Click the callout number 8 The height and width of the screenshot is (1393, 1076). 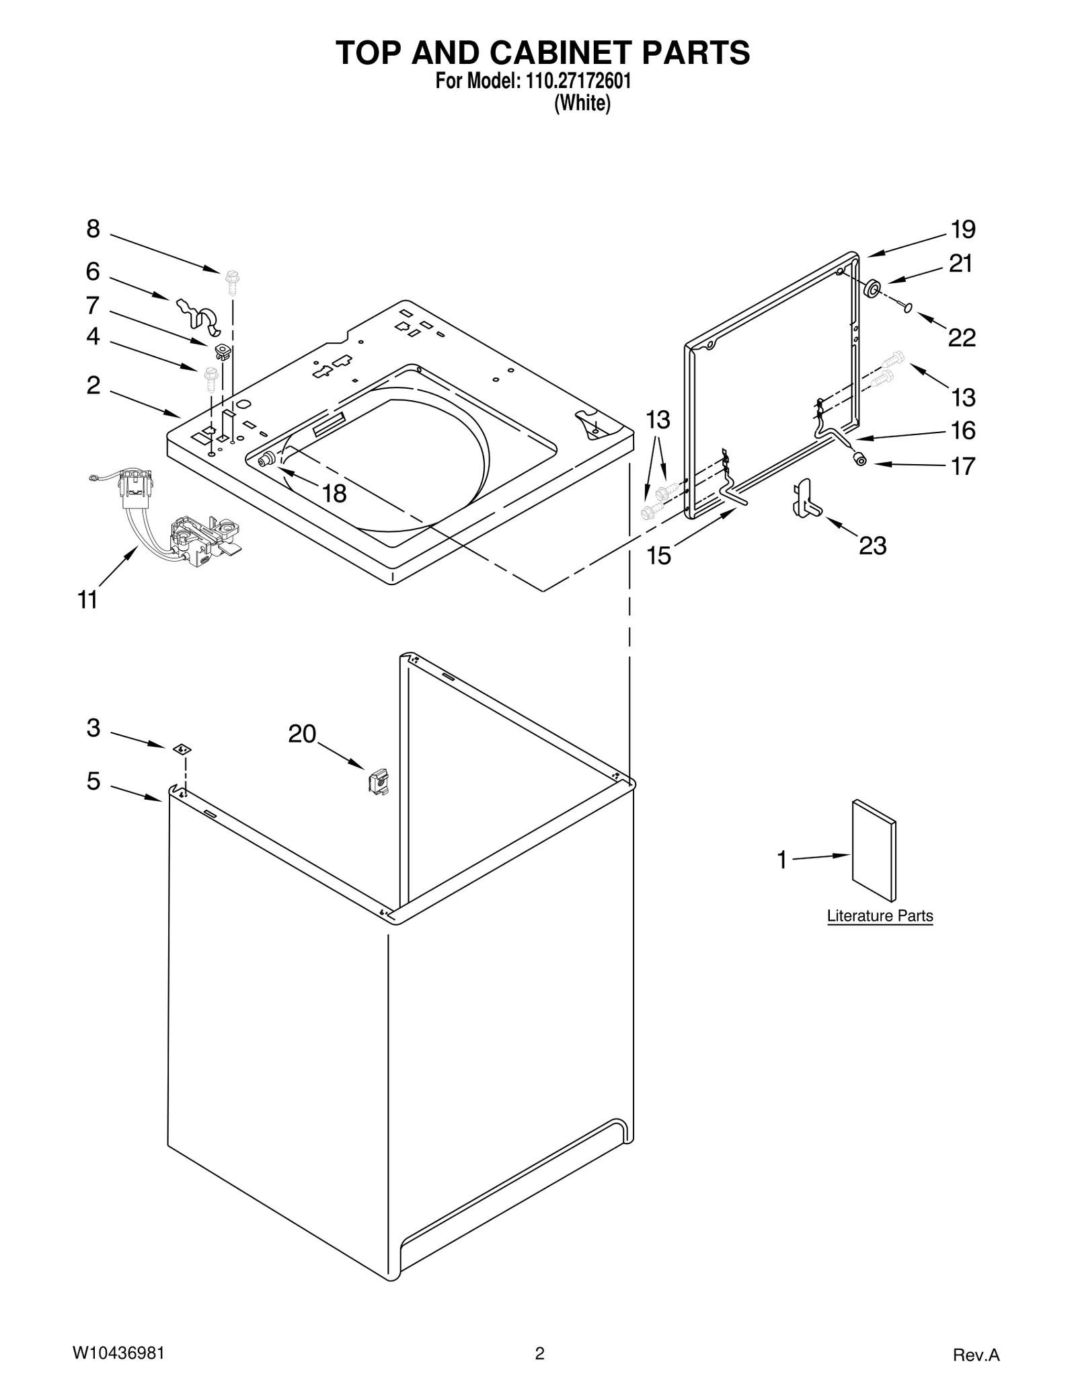pyautogui.click(x=93, y=230)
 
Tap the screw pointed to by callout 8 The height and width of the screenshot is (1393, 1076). pyautogui.click(x=233, y=282)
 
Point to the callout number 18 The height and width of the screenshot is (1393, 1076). pyautogui.click(x=334, y=494)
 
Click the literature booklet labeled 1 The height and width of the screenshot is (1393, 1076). pyautogui.click(x=874, y=851)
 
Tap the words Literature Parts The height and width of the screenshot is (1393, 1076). pyautogui.click(x=880, y=915)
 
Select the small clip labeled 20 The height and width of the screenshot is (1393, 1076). pyautogui.click(x=379, y=782)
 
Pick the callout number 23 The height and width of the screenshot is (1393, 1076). pyautogui.click(x=872, y=546)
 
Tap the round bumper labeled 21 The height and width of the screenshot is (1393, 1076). pyautogui.click(x=872, y=289)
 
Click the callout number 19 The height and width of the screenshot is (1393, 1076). pyautogui.click(x=962, y=230)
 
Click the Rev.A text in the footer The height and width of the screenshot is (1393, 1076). pyautogui.click(x=976, y=1355)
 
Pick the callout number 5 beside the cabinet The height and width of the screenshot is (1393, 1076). pyautogui.click(x=93, y=782)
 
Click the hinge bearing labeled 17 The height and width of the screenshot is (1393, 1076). pyautogui.click(x=859, y=459)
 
